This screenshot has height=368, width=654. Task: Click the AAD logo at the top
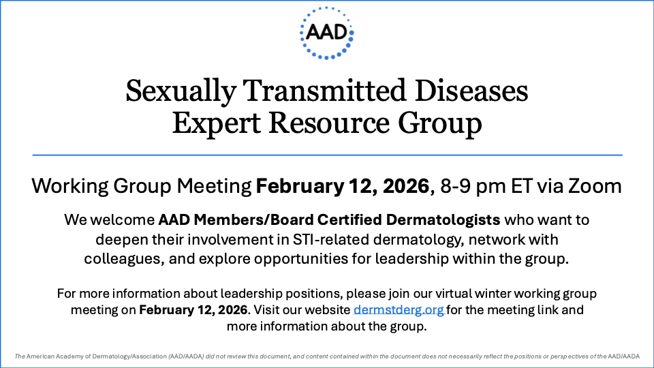[x=326, y=33]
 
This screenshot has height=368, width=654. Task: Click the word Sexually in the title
[x=181, y=91]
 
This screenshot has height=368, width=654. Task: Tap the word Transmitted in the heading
[x=324, y=90]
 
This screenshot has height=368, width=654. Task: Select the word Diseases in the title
[x=471, y=90]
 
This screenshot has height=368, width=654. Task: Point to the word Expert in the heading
[x=217, y=123]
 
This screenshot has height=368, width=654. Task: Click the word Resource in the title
[x=328, y=123]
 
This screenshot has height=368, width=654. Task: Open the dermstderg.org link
[x=399, y=310]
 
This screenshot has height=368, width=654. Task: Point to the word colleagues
[x=123, y=259]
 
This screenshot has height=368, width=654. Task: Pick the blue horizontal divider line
[x=328, y=155]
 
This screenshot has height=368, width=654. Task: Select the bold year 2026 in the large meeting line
[x=406, y=186]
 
